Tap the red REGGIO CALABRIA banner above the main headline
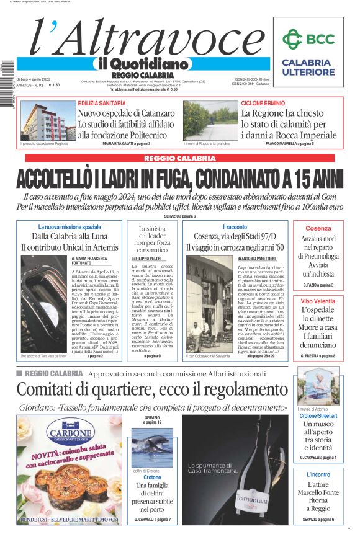point(180,159)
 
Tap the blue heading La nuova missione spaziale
point(70,228)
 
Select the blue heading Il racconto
point(234,228)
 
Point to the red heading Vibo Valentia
point(318,301)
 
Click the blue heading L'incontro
point(318,474)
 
